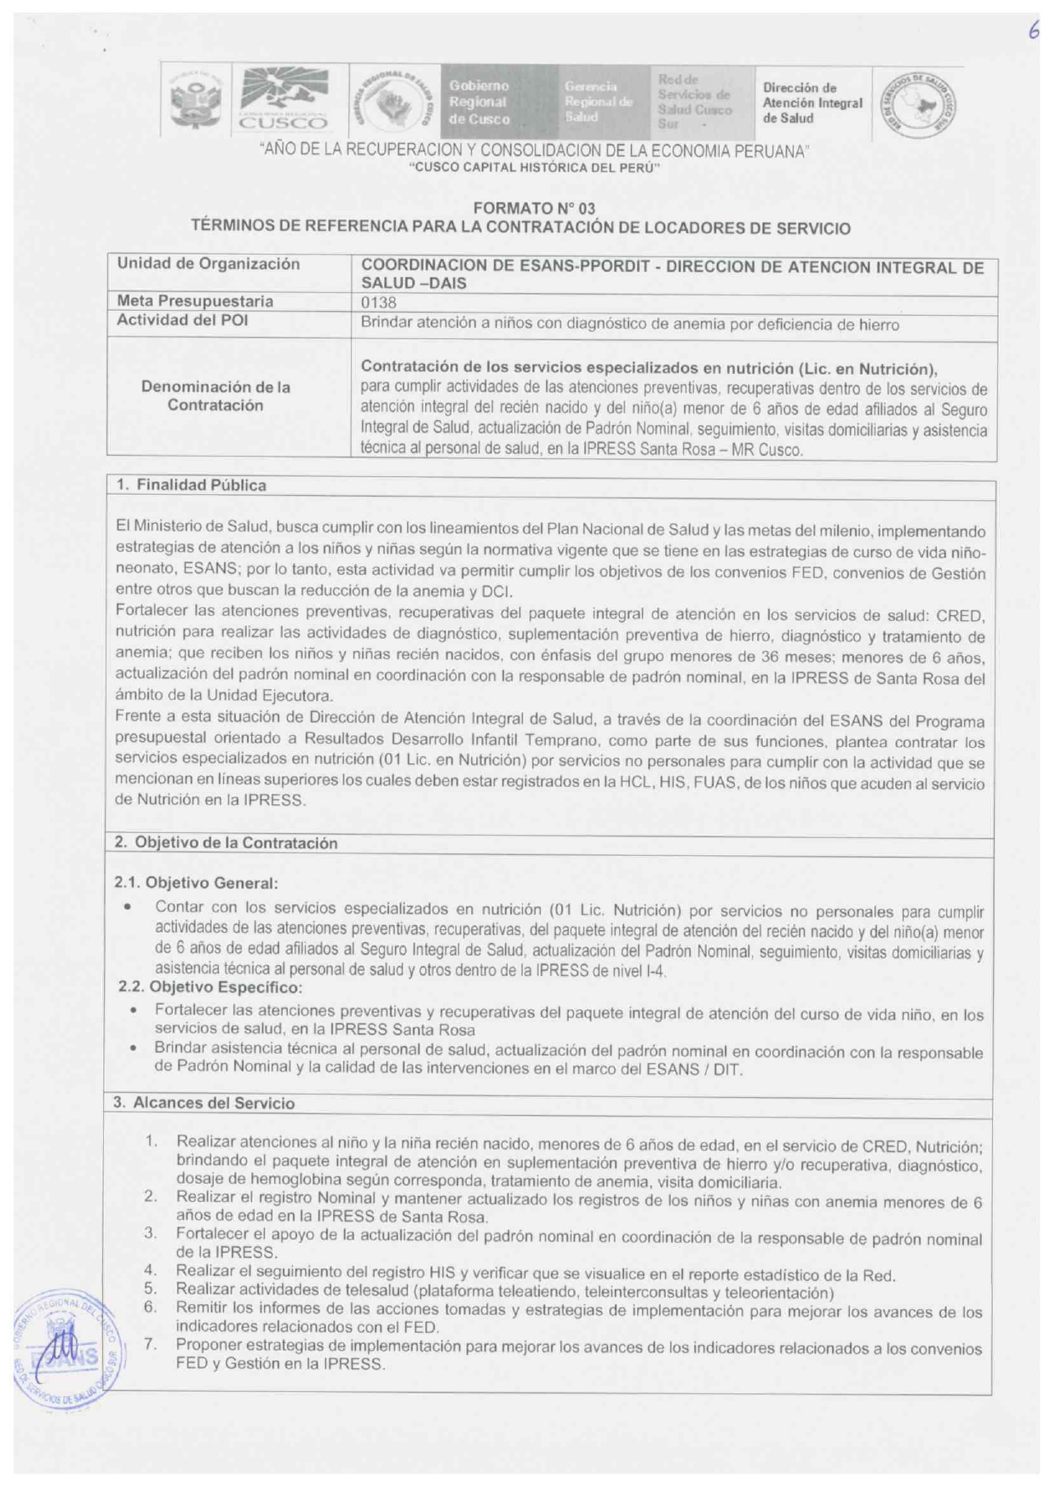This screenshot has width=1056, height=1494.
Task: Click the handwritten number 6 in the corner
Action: tap(1033, 31)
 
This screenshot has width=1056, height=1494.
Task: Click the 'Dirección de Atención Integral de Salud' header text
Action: tap(812, 103)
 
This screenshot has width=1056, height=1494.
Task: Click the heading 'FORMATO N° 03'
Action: tap(534, 209)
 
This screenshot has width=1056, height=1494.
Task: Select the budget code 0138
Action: tap(379, 302)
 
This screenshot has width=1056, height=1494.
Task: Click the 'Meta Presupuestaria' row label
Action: tap(195, 302)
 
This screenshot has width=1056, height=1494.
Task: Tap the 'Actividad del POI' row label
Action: tap(182, 320)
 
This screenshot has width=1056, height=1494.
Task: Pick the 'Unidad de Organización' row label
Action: tap(208, 264)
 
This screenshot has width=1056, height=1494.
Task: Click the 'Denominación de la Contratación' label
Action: tap(215, 396)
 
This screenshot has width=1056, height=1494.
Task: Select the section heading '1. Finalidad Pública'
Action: tap(191, 486)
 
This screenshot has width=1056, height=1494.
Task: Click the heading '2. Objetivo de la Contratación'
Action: tap(226, 843)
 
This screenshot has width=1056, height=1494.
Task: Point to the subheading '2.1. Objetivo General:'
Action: tap(197, 883)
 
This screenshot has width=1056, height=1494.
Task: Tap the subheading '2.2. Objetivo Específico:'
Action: tap(209, 988)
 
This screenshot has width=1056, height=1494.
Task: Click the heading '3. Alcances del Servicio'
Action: tap(204, 1104)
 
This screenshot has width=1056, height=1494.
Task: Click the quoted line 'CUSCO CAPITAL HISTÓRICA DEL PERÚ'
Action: tap(534, 168)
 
